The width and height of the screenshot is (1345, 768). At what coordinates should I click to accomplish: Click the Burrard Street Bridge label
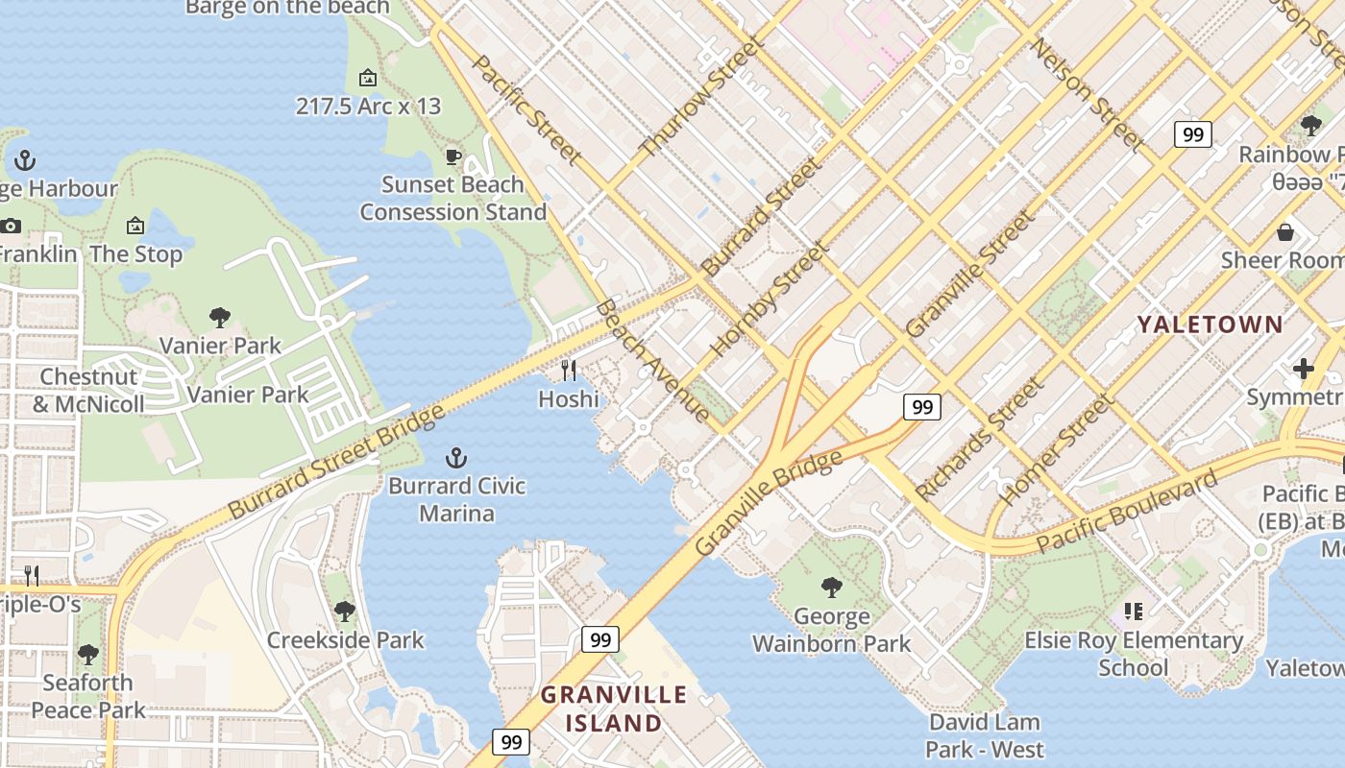click(x=336, y=462)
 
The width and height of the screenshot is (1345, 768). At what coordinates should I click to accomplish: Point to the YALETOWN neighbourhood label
click(x=1210, y=324)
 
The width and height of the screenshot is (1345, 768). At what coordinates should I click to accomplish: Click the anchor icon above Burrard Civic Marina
click(x=456, y=458)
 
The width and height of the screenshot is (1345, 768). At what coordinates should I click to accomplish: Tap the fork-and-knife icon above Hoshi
click(x=569, y=371)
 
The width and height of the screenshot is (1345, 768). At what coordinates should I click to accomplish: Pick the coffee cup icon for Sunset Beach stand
click(x=453, y=156)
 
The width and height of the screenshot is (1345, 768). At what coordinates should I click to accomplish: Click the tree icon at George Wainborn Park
click(x=832, y=587)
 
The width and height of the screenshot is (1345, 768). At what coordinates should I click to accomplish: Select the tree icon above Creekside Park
click(x=345, y=611)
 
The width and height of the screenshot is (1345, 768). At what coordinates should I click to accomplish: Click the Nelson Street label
click(x=1088, y=95)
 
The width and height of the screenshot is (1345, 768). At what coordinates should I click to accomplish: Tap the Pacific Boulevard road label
click(x=1127, y=511)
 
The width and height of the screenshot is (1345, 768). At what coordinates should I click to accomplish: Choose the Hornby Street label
click(x=770, y=299)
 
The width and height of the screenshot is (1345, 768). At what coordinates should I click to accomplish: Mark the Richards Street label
click(x=979, y=439)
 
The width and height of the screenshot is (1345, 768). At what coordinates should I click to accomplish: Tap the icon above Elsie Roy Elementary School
click(x=1134, y=612)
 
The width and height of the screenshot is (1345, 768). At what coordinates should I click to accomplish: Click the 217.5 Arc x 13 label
click(x=368, y=106)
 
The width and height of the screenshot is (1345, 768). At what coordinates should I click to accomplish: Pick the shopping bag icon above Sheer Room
click(x=1285, y=232)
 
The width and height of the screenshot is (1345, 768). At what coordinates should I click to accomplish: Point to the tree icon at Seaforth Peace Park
click(x=87, y=655)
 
